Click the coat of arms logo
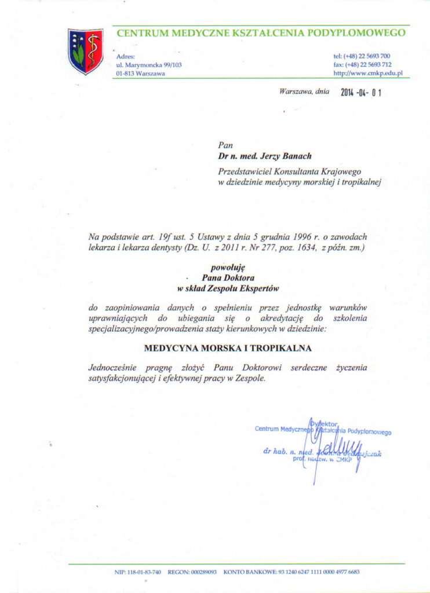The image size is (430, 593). pos(85,51)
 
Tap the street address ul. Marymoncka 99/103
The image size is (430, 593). pos(149,65)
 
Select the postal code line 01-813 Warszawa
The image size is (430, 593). pos(140,74)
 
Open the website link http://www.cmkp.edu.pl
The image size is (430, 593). pos(368,74)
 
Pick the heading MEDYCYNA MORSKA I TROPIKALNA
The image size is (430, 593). pos(228,348)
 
